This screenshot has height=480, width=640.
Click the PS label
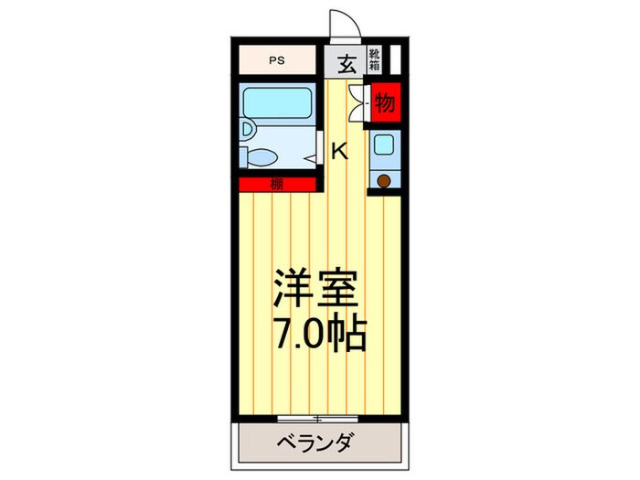(x=276, y=63)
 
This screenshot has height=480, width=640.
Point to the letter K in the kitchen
(x=339, y=152)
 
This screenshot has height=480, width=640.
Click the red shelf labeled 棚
(x=276, y=185)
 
